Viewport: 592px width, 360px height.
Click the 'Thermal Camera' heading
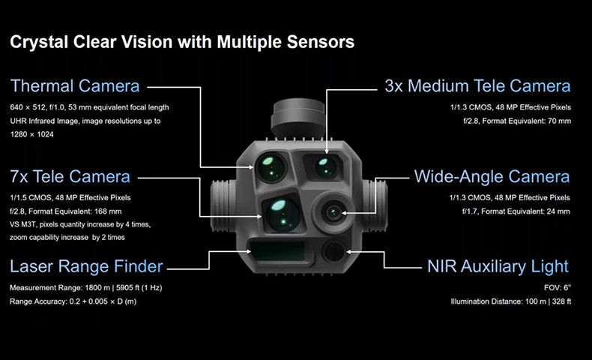(75, 85)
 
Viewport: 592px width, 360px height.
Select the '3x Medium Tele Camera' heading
(477, 85)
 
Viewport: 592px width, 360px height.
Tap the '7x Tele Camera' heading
(70, 177)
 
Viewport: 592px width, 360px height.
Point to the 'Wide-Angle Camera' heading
(492, 177)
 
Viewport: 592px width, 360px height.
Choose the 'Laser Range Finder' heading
(86, 266)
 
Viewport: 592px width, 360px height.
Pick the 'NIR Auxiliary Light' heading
(497, 266)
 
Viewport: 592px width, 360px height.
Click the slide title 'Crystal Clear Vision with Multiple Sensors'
(181, 42)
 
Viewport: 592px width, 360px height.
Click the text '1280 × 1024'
(31, 135)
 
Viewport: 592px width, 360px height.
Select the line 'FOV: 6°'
(557, 287)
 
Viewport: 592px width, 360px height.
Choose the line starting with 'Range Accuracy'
(73, 301)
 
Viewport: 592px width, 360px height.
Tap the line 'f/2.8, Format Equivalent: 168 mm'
(66, 211)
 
